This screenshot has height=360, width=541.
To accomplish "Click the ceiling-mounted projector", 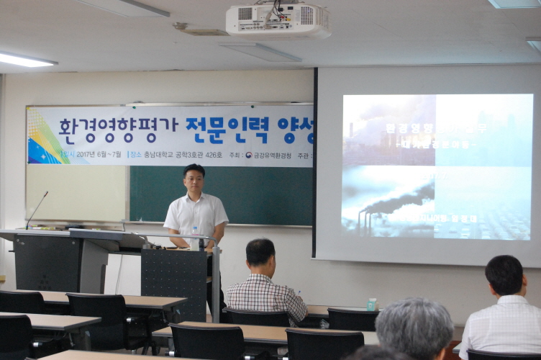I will pyautogui.click(x=277, y=21).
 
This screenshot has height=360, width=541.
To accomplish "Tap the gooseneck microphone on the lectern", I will pyautogui.click(x=37, y=210).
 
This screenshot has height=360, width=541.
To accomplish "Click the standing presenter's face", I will pyautogui.click(x=194, y=180).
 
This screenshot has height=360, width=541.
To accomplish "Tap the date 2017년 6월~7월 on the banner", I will pyautogui.click(x=99, y=154).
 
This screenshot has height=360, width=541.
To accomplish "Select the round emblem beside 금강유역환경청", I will pyautogui.click(x=248, y=154).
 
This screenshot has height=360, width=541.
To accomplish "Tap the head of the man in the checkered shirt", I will pyautogui.click(x=260, y=256).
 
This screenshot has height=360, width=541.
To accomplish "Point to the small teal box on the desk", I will pyautogui.click(x=371, y=305).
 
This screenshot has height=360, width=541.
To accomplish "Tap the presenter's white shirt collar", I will pyautogui.click(x=194, y=200).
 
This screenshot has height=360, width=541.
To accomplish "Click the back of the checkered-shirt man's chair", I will pyautogui.click(x=258, y=317).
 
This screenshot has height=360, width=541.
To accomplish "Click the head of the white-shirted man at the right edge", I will pyautogui.click(x=504, y=275).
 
